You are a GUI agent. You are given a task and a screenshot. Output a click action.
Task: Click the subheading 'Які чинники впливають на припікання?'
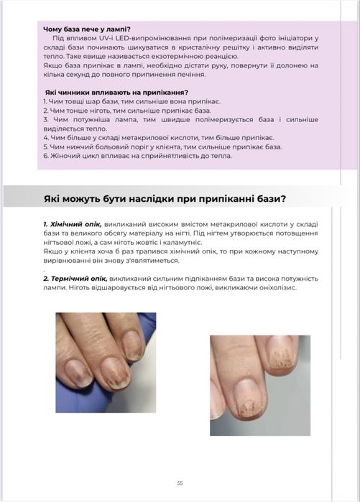pos(116,92)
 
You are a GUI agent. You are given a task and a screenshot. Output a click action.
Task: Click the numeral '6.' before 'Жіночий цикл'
pos(45,155)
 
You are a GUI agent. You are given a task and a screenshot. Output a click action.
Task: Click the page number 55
pos(180,483)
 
